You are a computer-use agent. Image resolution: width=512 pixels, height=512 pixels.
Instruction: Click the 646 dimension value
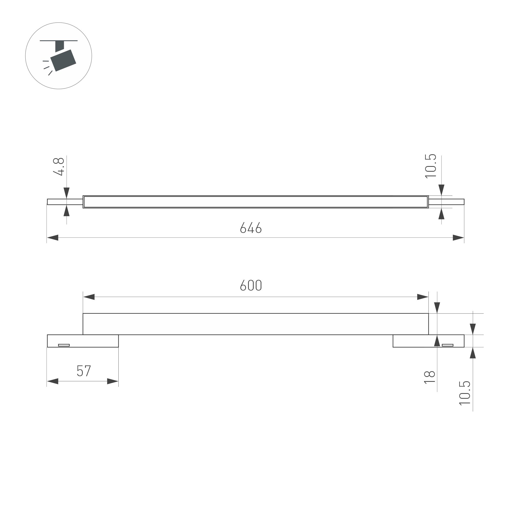click(251, 228)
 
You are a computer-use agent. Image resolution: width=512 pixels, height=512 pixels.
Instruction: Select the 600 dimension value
click(251, 285)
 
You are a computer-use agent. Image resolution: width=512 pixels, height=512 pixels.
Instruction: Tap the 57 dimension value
click(84, 371)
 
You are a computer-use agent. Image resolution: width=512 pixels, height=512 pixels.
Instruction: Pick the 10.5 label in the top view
click(430, 166)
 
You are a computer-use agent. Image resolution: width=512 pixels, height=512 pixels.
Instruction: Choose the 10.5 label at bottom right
click(465, 393)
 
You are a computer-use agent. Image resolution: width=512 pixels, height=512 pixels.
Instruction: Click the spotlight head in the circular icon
click(63, 60)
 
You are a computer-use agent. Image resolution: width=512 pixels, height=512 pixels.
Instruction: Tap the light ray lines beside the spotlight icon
click(47, 68)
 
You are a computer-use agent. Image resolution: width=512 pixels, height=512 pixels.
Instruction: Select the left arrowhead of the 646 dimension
click(53, 238)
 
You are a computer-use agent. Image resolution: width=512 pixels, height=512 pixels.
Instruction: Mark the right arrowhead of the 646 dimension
click(458, 238)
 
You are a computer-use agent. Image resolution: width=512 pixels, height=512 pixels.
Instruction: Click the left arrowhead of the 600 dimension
click(89, 297)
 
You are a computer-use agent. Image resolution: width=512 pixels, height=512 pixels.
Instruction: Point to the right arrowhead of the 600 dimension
click(422, 297)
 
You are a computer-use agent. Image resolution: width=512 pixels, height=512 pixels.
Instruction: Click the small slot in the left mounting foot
click(64, 345)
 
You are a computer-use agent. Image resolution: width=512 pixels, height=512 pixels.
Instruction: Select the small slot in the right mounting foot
click(448, 345)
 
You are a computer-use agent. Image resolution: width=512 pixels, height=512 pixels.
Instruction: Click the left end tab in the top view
click(65, 202)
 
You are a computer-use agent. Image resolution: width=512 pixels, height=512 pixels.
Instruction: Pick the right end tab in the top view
click(446, 202)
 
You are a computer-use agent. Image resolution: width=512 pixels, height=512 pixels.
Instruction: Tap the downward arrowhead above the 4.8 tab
click(67, 193)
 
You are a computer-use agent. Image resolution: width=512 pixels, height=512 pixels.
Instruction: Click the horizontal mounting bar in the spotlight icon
click(59, 40)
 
